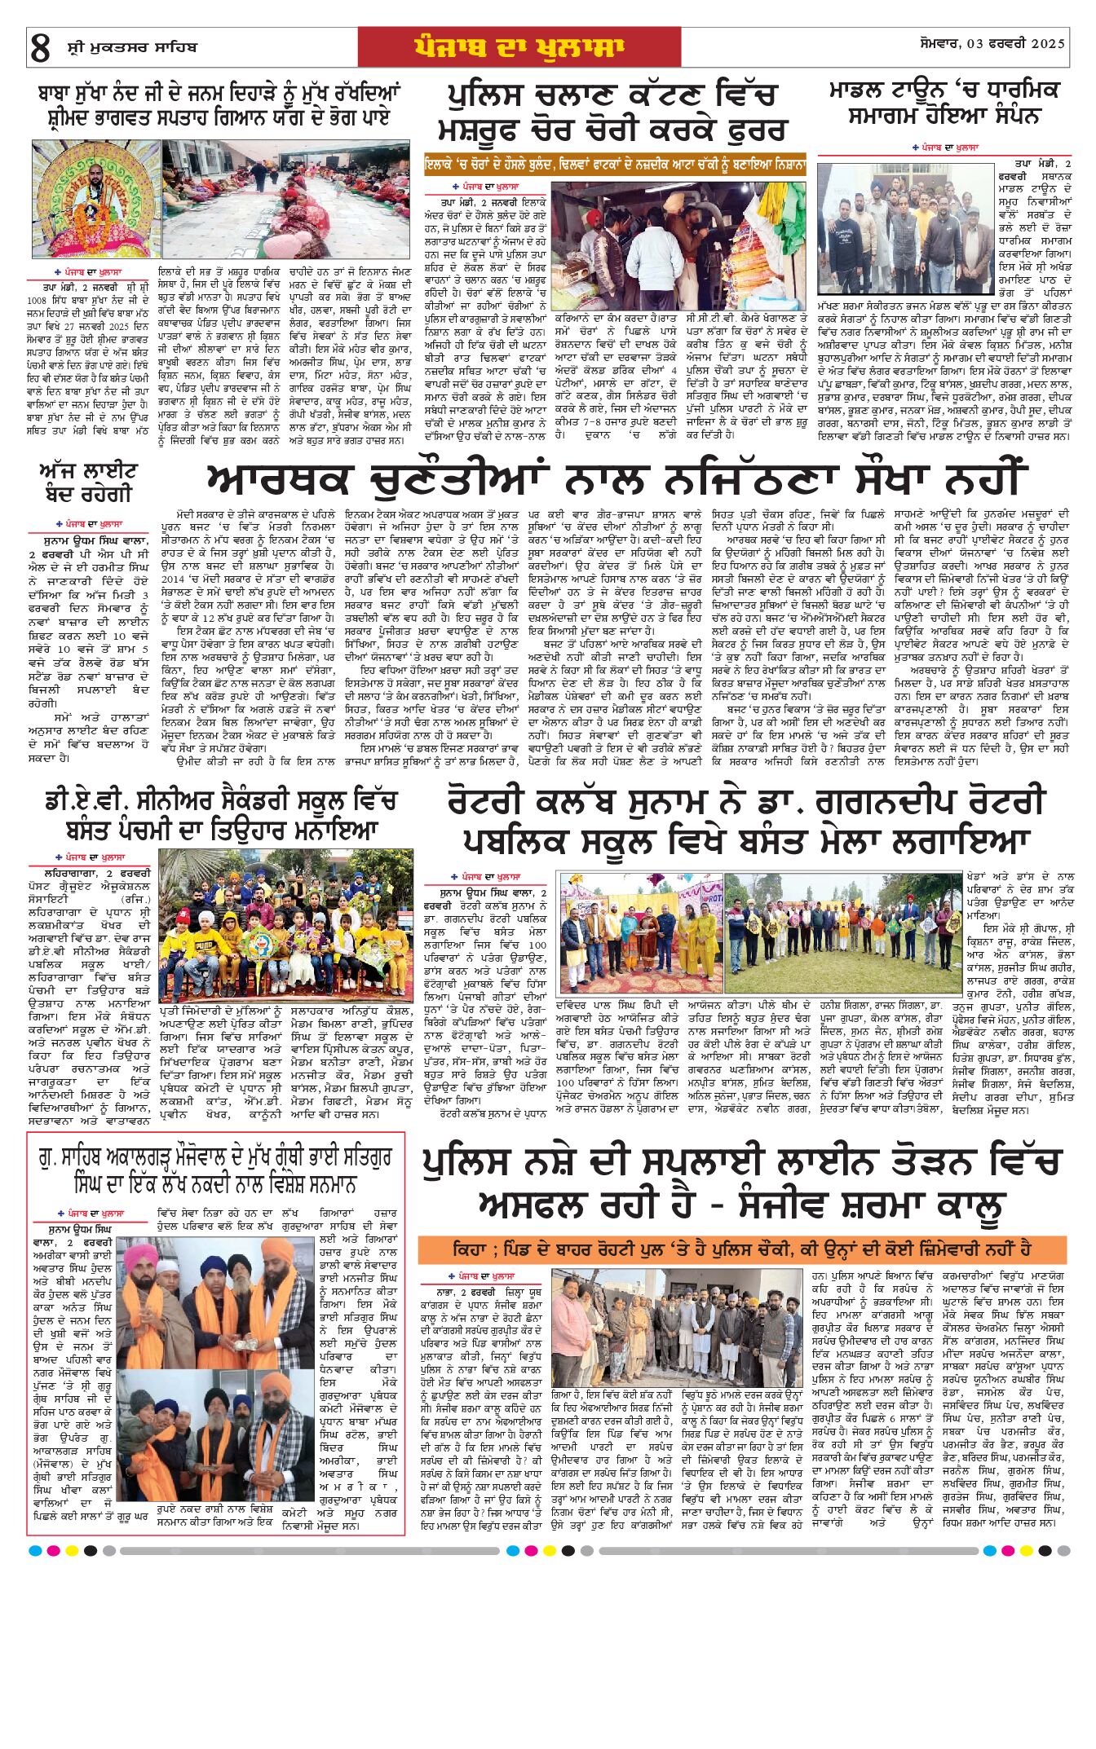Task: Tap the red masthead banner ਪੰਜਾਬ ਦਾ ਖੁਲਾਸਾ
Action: pos(519,47)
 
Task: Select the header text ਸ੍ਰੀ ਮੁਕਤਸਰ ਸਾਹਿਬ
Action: pos(131,48)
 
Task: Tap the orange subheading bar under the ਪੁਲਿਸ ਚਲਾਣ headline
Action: pos(615,165)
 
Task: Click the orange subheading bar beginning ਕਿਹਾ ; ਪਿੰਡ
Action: pos(741,1249)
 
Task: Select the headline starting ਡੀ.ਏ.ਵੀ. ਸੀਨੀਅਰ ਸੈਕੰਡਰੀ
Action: pos(220,816)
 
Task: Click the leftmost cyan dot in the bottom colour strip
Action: pos(34,1550)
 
